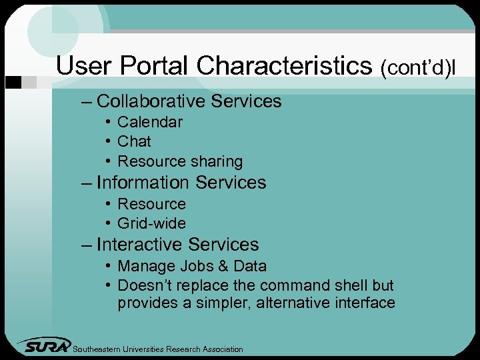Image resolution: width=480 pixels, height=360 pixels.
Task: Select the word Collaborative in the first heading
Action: tap(151, 101)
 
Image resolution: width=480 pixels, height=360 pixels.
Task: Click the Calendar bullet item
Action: tap(149, 122)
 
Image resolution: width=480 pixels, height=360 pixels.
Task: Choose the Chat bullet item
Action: tap(134, 141)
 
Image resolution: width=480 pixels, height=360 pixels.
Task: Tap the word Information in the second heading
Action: tap(143, 183)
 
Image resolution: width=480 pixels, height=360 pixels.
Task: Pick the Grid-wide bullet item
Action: tap(151, 223)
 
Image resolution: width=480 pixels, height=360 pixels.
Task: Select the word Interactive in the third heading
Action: tap(139, 245)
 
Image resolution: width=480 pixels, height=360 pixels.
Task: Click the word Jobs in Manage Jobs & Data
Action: tap(194, 266)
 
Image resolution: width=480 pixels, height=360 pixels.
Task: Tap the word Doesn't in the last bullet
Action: tap(142, 285)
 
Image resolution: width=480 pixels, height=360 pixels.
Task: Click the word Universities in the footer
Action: tap(141, 349)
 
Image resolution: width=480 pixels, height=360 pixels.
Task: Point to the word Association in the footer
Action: tap(219, 349)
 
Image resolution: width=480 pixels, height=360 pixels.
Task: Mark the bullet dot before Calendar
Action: tap(107, 122)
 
